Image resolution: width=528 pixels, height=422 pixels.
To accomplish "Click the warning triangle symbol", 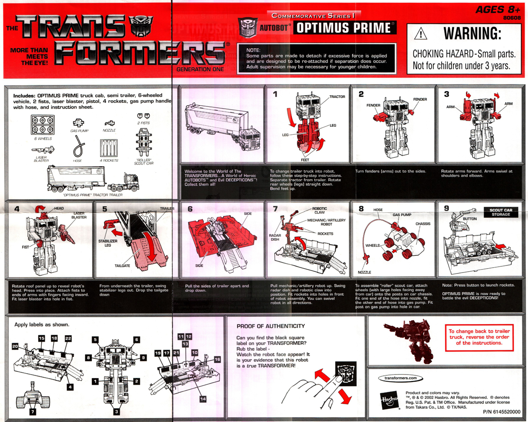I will click(x=421, y=35).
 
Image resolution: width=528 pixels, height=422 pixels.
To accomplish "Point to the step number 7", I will click(x=275, y=209).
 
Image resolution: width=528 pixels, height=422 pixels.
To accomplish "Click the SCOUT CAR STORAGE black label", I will click(x=501, y=212).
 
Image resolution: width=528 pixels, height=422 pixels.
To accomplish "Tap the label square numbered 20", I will click(x=15, y=346).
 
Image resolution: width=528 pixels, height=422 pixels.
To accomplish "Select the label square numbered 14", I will click(x=203, y=399).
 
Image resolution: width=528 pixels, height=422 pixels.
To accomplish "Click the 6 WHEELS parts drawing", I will click(x=43, y=125).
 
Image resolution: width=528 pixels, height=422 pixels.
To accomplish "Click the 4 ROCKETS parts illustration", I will click(x=109, y=148).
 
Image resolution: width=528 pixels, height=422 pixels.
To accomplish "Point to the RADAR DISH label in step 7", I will click(x=275, y=237).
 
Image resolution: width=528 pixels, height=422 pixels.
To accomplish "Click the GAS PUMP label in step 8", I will click(x=402, y=215).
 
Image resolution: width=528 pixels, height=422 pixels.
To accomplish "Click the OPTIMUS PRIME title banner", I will click(x=344, y=28).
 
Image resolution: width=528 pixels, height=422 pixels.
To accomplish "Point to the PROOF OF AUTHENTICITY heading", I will click(x=270, y=326).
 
